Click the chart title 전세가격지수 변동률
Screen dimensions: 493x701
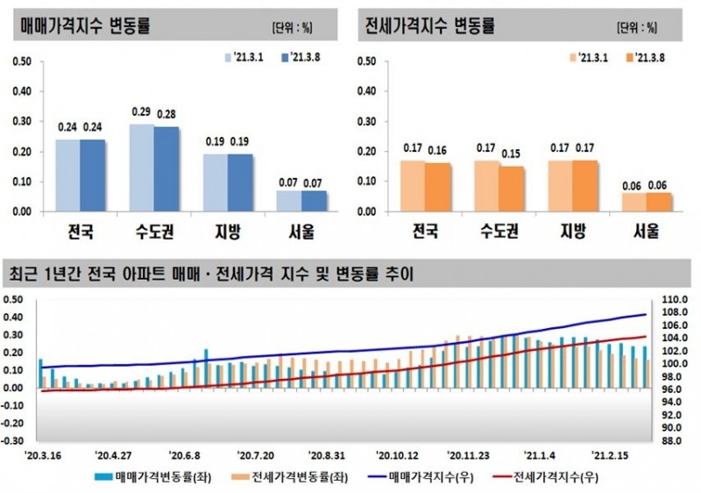429,25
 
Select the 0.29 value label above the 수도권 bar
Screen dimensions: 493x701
141,112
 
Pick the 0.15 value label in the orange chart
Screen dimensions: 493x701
512,153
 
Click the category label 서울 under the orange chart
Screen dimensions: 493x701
647,233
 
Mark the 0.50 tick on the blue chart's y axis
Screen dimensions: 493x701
23,61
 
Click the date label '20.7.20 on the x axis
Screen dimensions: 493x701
256,455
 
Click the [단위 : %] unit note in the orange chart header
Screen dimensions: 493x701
636,26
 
